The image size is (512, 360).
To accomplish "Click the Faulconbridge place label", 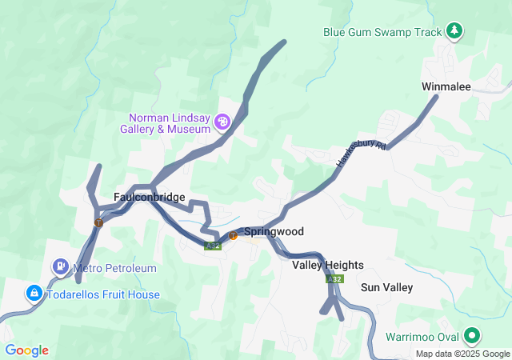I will click(x=150, y=198).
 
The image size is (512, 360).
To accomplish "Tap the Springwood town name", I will click(x=274, y=231).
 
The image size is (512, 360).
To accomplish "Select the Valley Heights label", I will click(x=328, y=265).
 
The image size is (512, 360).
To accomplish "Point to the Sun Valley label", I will click(x=386, y=287).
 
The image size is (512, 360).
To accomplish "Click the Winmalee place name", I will click(x=446, y=86).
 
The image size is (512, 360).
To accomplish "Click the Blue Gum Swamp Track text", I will click(x=382, y=33).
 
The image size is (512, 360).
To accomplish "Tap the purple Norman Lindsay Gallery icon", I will click(x=222, y=122).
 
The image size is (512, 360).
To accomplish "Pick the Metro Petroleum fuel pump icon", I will click(x=60, y=266).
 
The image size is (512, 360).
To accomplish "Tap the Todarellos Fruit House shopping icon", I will click(x=34, y=294).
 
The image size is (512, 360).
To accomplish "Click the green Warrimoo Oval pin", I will click(x=473, y=336).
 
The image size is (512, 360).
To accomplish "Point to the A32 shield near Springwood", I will click(x=213, y=246).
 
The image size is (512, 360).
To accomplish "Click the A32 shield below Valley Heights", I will click(x=334, y=280).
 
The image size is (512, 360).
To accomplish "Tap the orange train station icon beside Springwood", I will click(x=233, y=235).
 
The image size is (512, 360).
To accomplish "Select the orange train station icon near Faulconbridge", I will click(x=98, y=222).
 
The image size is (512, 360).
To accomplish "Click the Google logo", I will click(x=26, y=350).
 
